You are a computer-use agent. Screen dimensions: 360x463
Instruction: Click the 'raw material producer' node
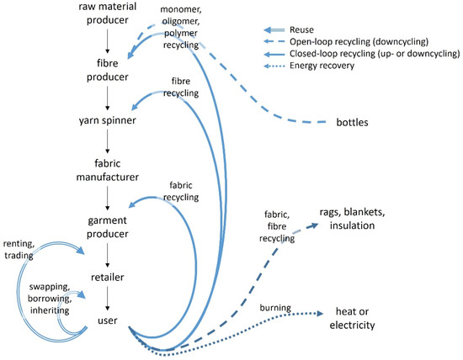pyautogui.click(x=108, y=17)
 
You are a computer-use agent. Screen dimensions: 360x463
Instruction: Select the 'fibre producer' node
pyautogui.click(x=108, y=70)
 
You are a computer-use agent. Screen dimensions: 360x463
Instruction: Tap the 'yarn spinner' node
pyautogui.click(x=108, y=119)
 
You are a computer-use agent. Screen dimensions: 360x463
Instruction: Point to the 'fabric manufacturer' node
pyautogui.click(x=108, y=168)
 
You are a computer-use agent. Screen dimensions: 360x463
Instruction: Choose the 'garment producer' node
pyautogui.click(x=108, y=218)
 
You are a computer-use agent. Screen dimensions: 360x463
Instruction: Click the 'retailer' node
pyautogui.click(x=108, y=274)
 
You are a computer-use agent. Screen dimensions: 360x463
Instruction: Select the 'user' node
pyautogui.click(x=108, y=320)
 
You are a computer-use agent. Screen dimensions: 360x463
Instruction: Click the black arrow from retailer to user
pyautogui.click(x=108, y=297)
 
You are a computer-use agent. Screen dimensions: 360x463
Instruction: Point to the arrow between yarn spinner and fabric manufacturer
pyautogui.click(x=108, y=143)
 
